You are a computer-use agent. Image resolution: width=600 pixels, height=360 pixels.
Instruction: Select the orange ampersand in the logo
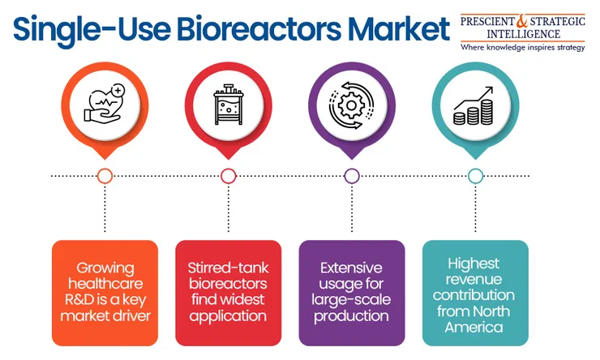[521, 20]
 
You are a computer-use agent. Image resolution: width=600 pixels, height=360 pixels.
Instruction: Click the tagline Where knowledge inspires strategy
[523, 48]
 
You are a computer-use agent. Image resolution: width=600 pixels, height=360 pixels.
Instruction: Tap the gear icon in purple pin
[351, 105]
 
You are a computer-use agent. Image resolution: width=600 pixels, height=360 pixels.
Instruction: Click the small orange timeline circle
[105, 176]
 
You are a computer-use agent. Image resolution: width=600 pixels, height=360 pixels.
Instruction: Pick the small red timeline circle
[229, 176]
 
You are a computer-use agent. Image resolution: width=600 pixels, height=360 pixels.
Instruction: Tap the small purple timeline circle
[352, 176]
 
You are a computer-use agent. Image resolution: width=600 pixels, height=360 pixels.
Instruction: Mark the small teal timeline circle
[475, 176]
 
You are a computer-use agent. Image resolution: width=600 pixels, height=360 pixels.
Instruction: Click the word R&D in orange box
[79, 299]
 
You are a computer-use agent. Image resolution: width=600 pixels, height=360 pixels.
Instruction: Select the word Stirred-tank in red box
[228, 268]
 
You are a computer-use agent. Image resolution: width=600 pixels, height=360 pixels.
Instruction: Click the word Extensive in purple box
[351, 268]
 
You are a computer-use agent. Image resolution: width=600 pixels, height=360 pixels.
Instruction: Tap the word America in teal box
[474, 327]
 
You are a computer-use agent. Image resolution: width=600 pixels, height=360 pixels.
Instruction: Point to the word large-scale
[351, 300]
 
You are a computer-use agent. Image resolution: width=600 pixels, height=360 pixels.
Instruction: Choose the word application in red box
[228, 316]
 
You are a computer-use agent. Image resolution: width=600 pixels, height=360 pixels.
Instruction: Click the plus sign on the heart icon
[118, 91]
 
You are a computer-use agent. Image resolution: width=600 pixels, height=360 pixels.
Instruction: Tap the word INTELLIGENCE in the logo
[523, 34]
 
